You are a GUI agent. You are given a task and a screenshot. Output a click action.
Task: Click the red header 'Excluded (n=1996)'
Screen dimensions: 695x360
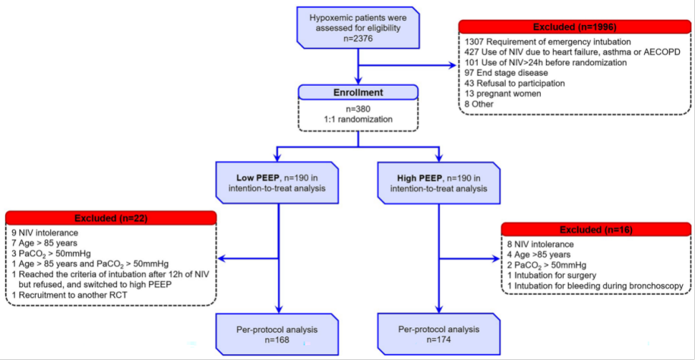tap(574, 27)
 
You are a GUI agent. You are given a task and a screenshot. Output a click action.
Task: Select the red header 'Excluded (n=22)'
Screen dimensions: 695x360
tap(111, 218)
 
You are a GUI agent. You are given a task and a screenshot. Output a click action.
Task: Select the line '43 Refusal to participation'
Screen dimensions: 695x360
tap(508, 84)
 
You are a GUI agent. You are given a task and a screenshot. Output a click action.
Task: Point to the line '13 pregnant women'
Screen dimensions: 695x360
tap(498, 94)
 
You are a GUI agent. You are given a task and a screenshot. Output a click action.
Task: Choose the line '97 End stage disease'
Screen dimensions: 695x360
tap(499, 73)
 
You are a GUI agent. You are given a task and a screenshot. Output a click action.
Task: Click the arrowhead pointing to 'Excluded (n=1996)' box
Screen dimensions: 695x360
tap(452, 66)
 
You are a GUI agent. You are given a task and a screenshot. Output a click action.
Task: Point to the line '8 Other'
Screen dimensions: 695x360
tap(479, 105)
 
